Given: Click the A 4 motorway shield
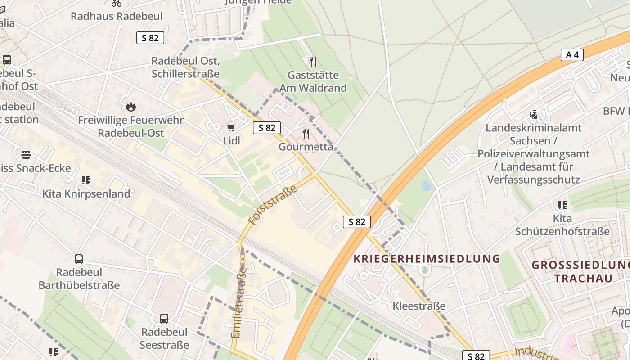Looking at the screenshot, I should [572, 55].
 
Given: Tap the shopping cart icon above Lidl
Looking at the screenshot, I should [231, 128].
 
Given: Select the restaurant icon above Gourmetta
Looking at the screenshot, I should [306, 133].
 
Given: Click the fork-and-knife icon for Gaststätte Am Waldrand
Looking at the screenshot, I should [313, 61].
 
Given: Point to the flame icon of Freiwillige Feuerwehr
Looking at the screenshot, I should [131, 107].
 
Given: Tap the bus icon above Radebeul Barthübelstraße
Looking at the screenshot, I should [79, 259].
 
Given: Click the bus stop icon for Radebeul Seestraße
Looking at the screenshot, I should [164, 319].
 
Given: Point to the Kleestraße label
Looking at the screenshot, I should [419, 306].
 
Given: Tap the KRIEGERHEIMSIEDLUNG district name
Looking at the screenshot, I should [427, 259].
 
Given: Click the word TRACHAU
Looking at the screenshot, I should [583, 278].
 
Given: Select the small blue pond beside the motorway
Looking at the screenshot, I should [426, 185].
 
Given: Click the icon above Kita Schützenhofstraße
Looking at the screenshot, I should [562, 205].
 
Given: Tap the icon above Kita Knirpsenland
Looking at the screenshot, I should [86, 180].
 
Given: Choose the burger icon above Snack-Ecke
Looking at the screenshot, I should [26, 155].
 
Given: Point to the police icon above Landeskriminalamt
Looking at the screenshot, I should [534, 115].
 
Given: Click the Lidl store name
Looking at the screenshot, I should [232, 141].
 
